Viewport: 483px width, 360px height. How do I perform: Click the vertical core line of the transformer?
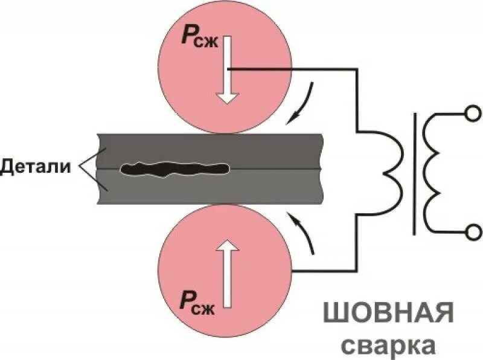tap(414, 172)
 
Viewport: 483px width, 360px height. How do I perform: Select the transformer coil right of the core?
tap(433, 172)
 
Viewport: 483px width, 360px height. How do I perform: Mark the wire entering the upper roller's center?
tap(290, 69)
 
